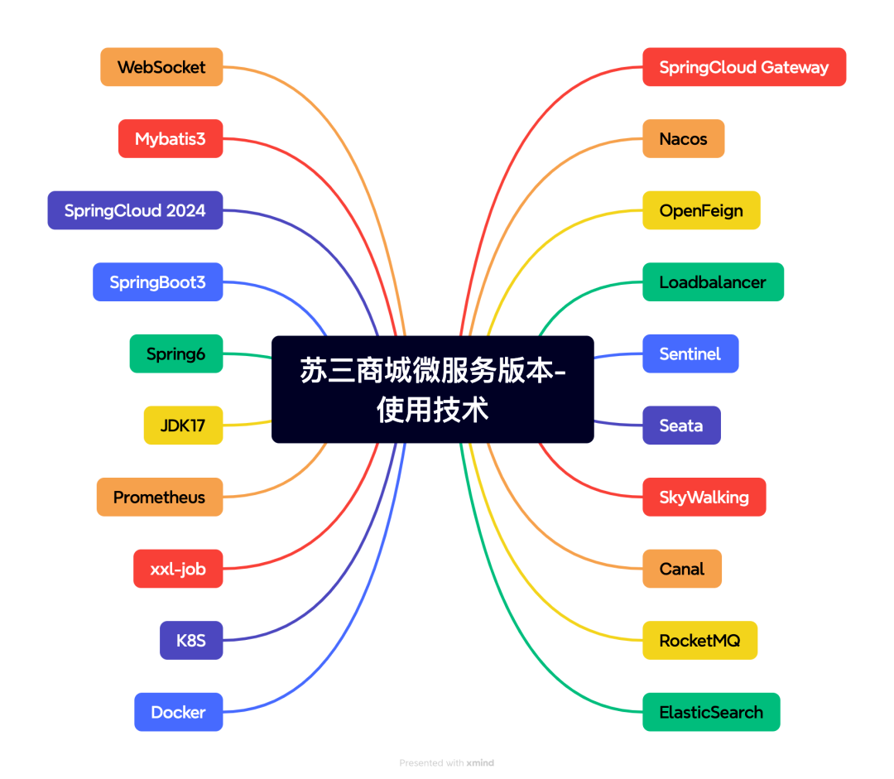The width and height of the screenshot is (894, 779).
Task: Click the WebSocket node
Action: (x=161, y=67)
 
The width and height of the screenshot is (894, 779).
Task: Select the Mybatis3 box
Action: (x=171, y=139)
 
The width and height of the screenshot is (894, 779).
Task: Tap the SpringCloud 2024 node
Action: (x=135, y=210)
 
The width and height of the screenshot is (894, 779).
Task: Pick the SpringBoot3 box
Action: (x=157, y=282)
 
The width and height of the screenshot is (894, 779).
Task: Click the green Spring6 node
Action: (x=176, y=354)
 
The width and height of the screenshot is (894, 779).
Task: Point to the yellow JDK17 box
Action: (x=183, y=426)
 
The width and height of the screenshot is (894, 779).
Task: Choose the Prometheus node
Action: (x=159, y=498)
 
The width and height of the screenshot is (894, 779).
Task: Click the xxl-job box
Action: (x=178, y=569)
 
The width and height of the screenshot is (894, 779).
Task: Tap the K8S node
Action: (x=191, y=641)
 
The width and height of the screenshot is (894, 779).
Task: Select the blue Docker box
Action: (x=178, y=712)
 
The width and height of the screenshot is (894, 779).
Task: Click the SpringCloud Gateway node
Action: (x=744, y=67)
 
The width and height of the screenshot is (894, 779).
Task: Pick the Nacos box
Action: (x=683, y=139)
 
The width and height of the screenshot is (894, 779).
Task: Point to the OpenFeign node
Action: (x=701, y=210)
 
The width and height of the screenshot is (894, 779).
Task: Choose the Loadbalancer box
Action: (x=713, y=282)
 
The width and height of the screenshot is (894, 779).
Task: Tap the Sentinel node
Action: (x=690, y=354)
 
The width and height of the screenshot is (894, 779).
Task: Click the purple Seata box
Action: (x=681, y=426)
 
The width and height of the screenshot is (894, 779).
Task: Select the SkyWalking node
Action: (x=704, y=498)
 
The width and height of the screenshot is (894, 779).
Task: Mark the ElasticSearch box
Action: (x=711, y=712)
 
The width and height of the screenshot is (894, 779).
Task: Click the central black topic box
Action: (x=432, y=389)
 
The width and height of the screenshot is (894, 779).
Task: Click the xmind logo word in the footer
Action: (x=480, y=763)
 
